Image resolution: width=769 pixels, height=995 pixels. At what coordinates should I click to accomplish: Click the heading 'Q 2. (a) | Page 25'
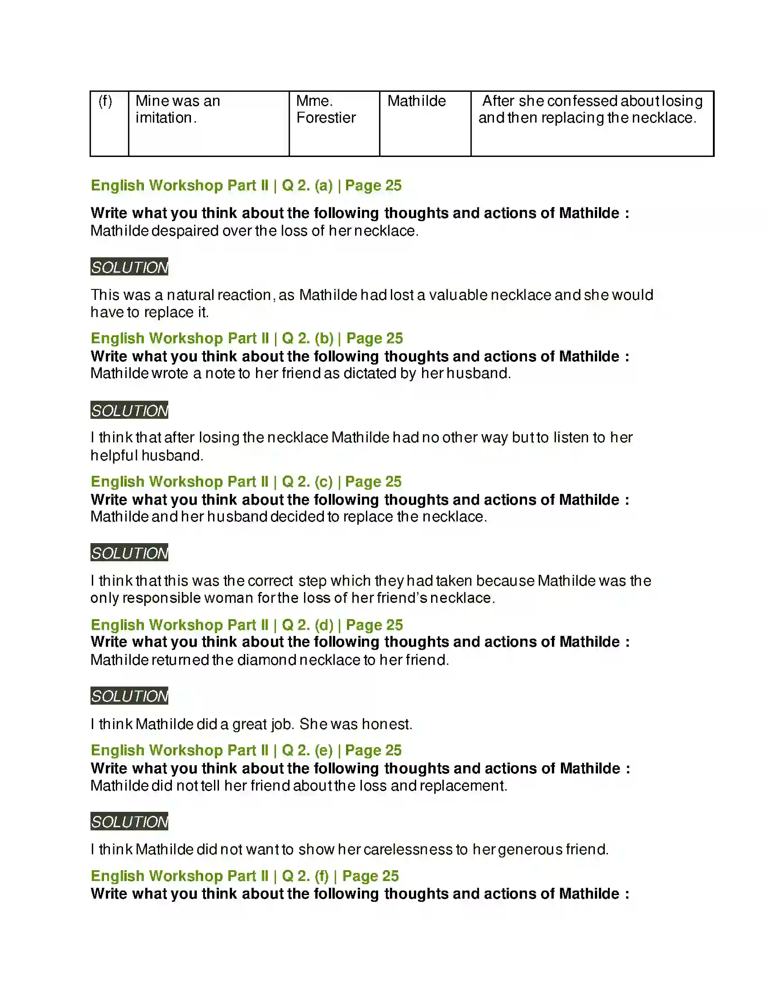[246, 185]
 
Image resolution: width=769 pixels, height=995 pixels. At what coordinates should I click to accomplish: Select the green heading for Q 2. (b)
[247, 338]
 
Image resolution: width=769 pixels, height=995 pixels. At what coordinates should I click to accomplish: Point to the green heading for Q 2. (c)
[246, 482]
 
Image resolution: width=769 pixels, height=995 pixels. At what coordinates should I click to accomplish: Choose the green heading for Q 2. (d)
[247, 625]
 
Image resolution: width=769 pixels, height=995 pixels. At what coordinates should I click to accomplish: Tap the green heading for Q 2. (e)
[246, 750]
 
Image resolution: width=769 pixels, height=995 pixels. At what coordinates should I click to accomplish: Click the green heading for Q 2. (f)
[245, 876]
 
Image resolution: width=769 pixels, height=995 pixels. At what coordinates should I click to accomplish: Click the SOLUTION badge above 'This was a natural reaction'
[129, 267]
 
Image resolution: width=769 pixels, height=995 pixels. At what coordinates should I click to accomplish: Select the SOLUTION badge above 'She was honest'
[129, 696]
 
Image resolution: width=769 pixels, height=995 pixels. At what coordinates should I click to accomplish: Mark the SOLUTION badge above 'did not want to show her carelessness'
[129, 821]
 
